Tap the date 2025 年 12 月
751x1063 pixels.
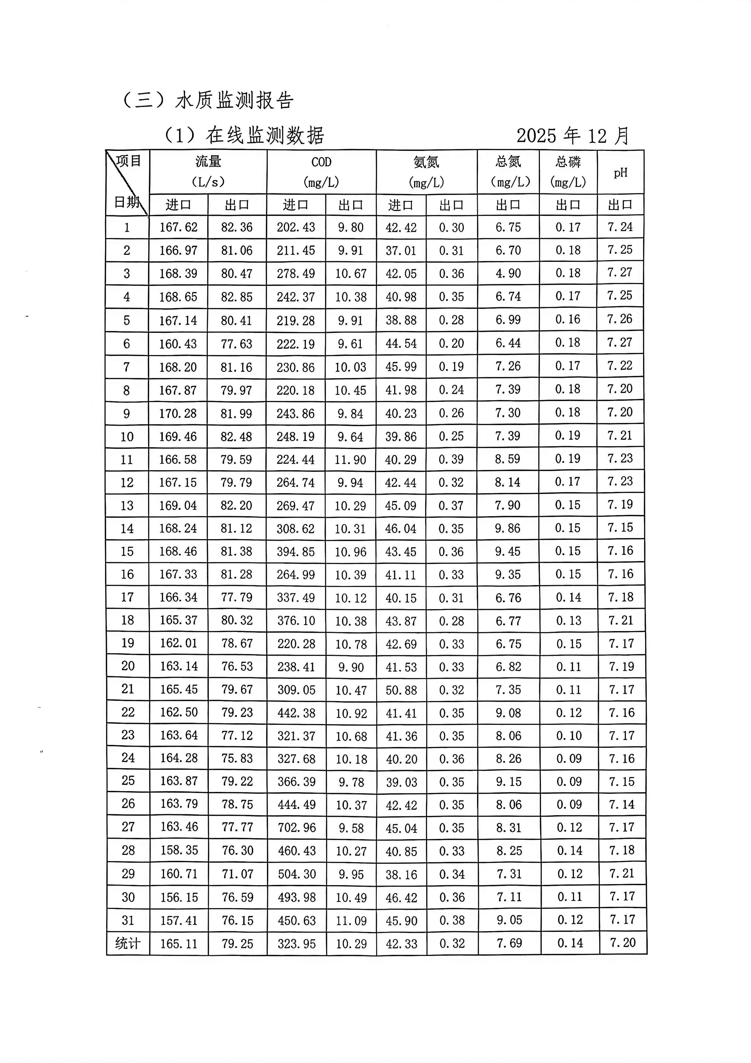(573, 136)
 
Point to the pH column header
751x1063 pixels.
(621, 173)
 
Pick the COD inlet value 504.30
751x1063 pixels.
(297, 874)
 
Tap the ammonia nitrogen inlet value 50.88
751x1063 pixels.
(401, 690)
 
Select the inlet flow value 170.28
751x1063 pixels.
(178, 413)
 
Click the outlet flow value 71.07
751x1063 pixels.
(237, 874)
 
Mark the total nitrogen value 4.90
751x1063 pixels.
(508, 273)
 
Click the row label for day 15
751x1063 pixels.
(127, 552)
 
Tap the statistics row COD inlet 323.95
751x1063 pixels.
(297, 944)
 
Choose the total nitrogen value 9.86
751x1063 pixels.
(508, 528)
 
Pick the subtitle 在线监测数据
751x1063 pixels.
(265, 136)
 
